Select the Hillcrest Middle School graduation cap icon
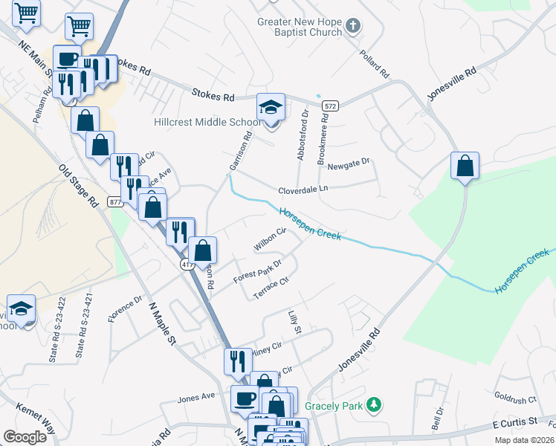pos(271,107)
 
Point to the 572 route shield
pos(331,107)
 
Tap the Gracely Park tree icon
pos(376,405)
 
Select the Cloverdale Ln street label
pos(303,190)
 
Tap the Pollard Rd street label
pos(375,65)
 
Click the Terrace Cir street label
pos(271,283)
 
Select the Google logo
pos(25,437)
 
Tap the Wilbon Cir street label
pos(269,239)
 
